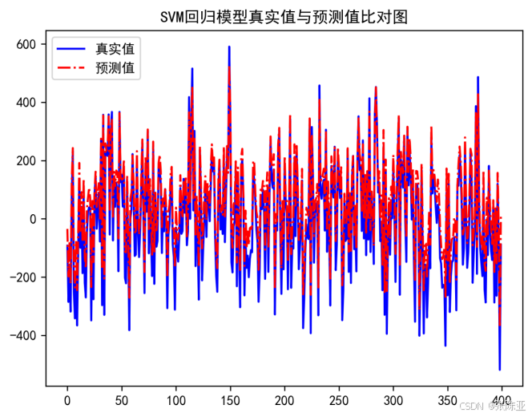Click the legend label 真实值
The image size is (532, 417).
pos(114,50)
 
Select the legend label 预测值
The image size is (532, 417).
pos(114,69)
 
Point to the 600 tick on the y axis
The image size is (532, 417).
pos(26,44)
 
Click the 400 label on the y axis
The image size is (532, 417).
pos(26,103)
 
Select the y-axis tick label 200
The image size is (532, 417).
pos(26,160)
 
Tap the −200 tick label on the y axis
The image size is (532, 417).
pos(22,277)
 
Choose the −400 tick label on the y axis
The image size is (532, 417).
pos(22,335)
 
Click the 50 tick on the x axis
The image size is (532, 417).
pos(121,399)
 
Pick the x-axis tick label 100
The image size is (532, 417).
pos(175,399)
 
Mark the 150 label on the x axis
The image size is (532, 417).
pos(230,399)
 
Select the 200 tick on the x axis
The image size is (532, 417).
pos(284,399)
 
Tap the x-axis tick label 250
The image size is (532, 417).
pos(339,399)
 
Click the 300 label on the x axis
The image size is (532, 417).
pos(393,399)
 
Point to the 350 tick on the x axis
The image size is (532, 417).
pos(448,399)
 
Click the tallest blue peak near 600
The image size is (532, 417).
pos(228,47)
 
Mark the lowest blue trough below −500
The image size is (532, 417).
pos(500,368)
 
